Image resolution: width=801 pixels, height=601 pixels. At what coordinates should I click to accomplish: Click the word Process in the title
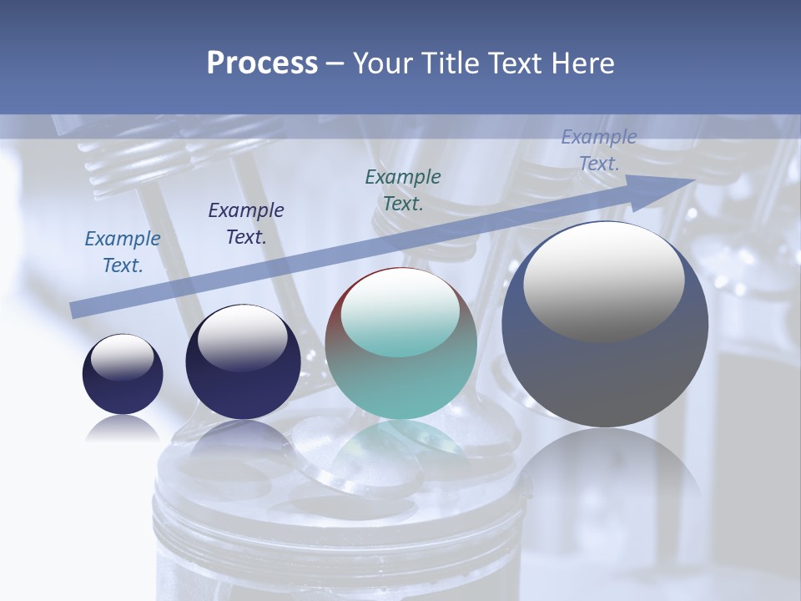coord(262,63)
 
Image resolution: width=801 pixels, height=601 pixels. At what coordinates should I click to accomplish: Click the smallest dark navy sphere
coord(123,384)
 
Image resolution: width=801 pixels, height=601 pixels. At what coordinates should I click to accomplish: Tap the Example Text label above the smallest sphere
coord(123,252)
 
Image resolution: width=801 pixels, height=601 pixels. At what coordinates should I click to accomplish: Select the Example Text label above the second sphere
coord(246,224)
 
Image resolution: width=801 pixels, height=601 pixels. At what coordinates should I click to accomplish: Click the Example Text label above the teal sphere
coord(403,190)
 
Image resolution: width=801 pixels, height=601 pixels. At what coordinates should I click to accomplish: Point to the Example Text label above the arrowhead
coord(599,150)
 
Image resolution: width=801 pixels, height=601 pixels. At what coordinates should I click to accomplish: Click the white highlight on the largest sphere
coord(603,280)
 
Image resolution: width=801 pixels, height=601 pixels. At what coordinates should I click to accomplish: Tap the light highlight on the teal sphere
coord(400,313)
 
